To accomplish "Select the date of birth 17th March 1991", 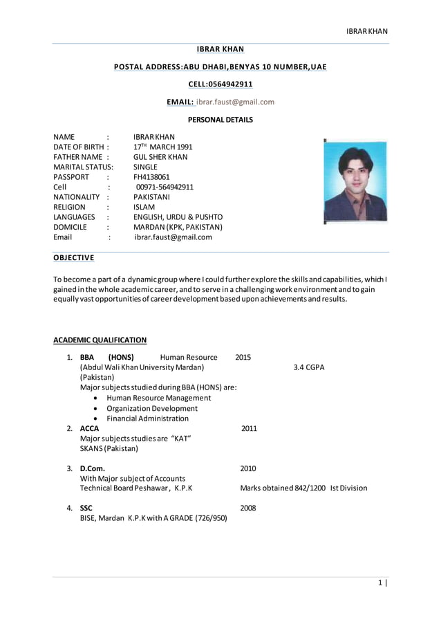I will pyautogui.click(x=162, y=147).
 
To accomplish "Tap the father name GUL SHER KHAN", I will pyautogui.click(x=160, y=157).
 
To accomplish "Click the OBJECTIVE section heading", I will pyautogui.click(x=74, y=258).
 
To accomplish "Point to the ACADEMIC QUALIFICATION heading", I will pyautogui.click(x=100, y=340).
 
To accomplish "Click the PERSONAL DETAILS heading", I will pyautogui.click(x=220, y=120).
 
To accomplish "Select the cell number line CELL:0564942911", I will pyautogui.click(x=220, y=84).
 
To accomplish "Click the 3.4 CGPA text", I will pyautogui.click(x=308, y=367).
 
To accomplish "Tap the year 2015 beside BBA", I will pyautogui.click(x=243, y=358).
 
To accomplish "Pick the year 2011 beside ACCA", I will pyautogui.click(x=249, y=429).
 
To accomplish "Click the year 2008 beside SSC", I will pyautogui.click(x=248, y=508).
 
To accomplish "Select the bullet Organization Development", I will pyautogui.click(x=151, y=408).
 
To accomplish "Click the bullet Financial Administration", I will pyautogui.click(x=147, y=419).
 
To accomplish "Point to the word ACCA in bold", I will pyautogui.click(x=90, y=429).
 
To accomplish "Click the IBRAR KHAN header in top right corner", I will pyautogui.click(x=367, y=31).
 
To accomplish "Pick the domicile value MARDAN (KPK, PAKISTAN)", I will pyautogui.click(x=178, y=227).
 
